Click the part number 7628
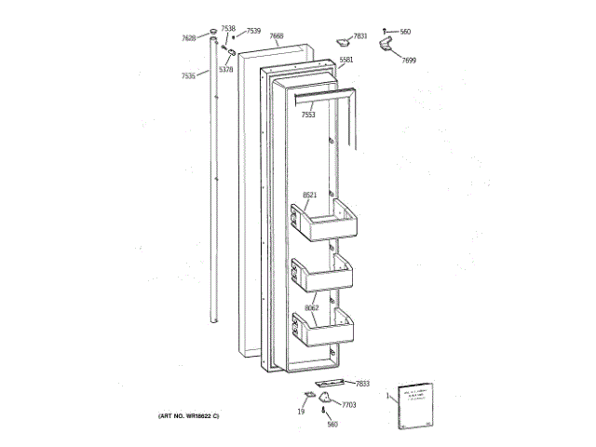click(188, 38)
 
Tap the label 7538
click(228, 29)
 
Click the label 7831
click(360, 35)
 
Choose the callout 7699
click(409, 60)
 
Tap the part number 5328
click(225, 69)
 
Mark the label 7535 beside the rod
click(188, 75)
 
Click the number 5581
click(346, 60)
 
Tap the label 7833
click(362, 384)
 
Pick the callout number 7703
click(349, 405)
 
